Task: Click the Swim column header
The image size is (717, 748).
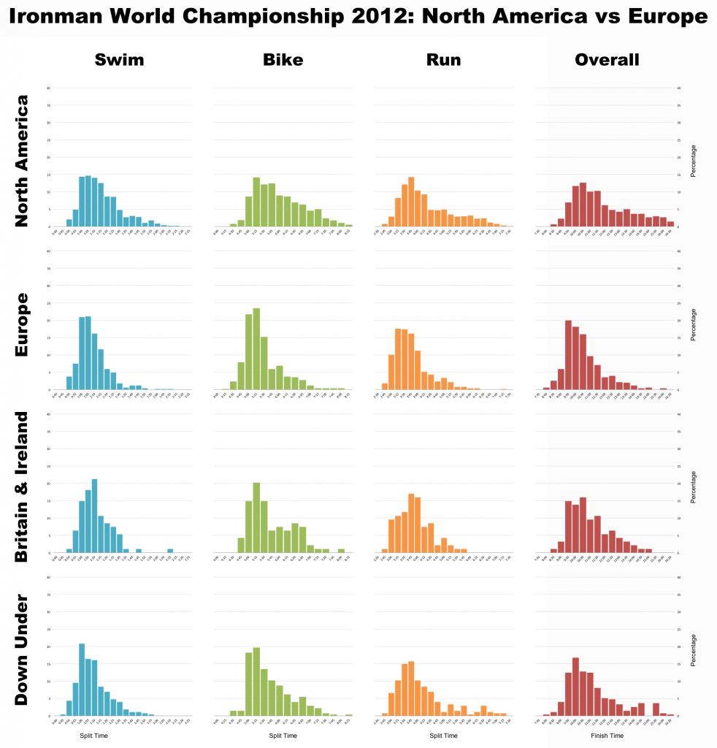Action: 119,60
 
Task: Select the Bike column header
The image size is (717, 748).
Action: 283,60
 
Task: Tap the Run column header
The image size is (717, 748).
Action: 443,60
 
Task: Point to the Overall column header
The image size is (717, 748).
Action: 607,60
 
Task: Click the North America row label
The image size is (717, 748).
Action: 22,161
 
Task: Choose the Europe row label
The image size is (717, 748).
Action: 22,324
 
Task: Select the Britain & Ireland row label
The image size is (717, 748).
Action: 22,487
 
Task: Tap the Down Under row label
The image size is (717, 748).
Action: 22,650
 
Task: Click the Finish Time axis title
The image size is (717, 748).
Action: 607,736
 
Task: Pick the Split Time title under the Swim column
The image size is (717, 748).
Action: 93,736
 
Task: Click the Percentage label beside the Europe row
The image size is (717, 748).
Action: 694,324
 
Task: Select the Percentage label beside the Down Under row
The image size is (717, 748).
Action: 694,650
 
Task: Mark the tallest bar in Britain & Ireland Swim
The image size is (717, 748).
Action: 94,516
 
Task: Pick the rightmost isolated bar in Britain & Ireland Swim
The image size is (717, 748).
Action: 170,550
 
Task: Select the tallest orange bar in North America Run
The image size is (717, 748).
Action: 411,202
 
